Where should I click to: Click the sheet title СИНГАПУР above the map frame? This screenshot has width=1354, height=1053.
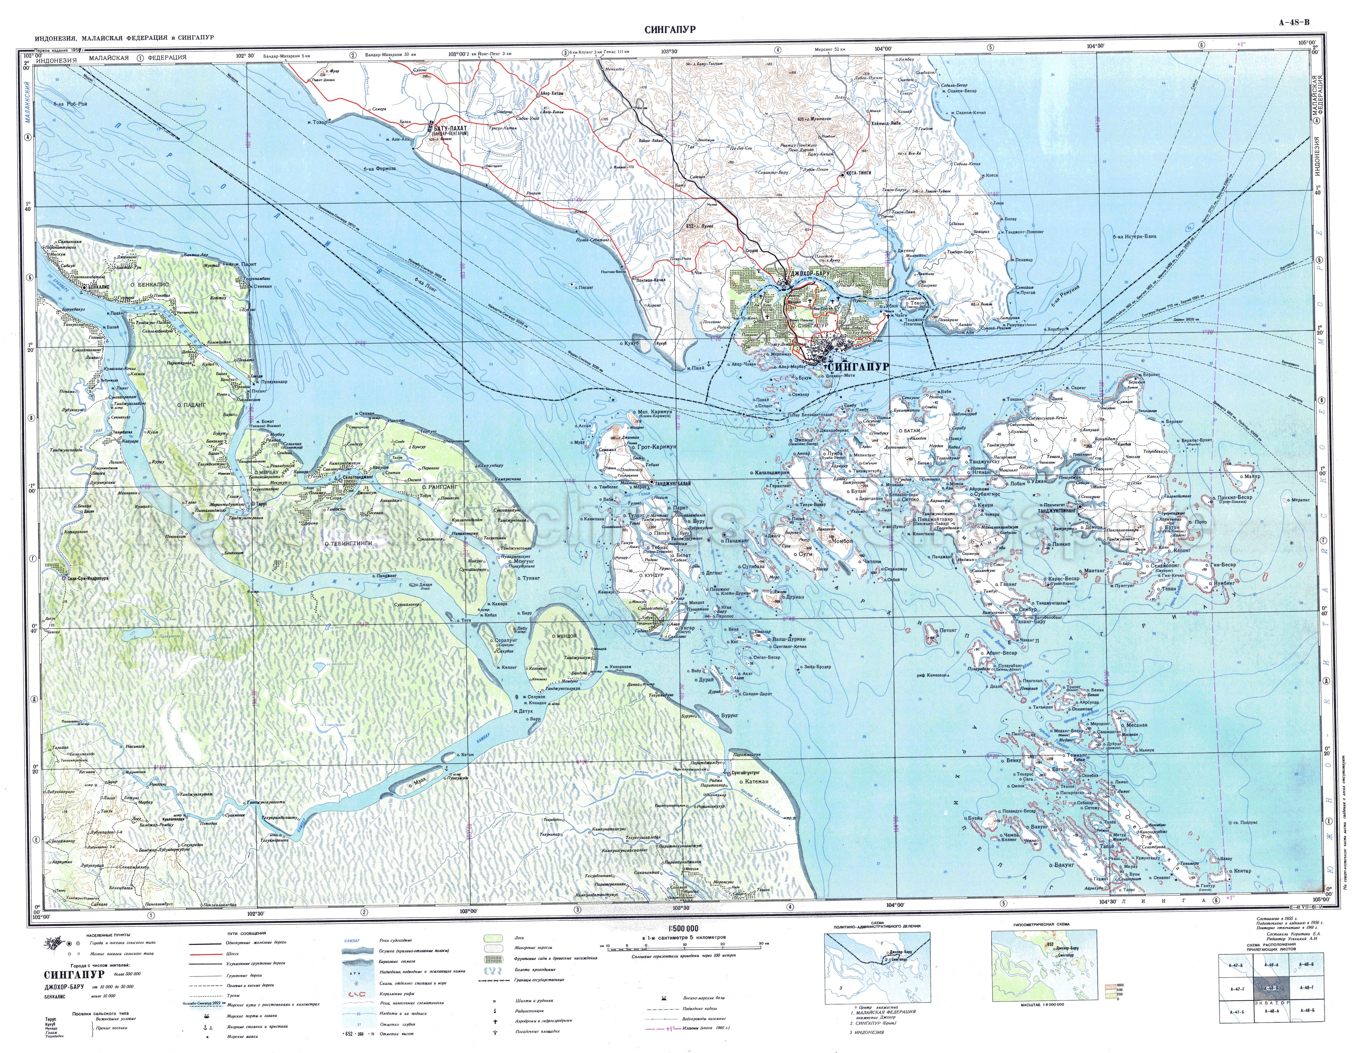pos(670,29)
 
